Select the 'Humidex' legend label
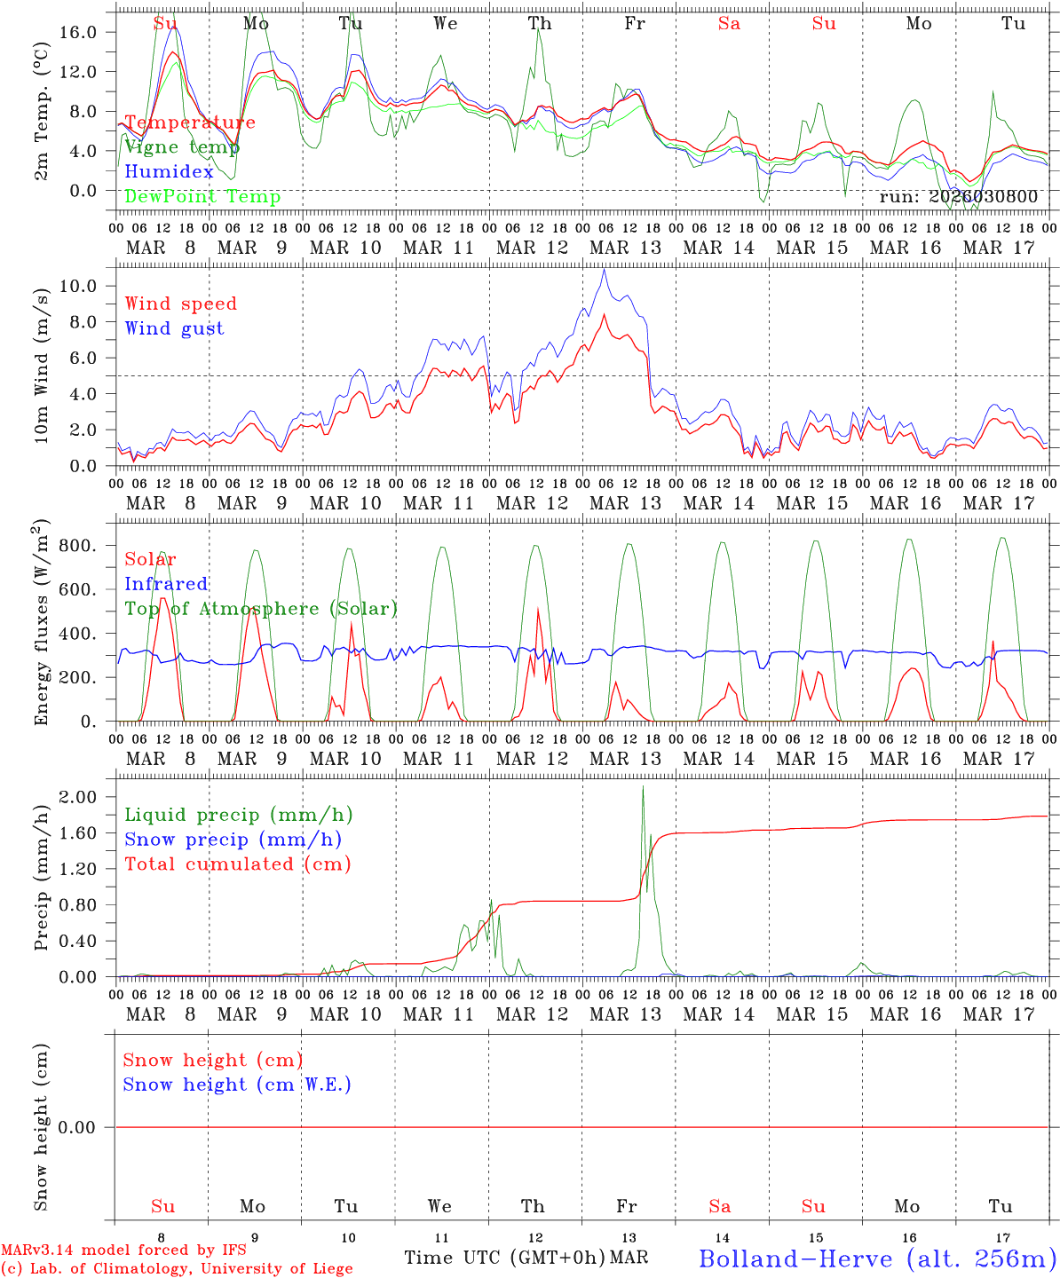pyautogui.click(x=169, y=172)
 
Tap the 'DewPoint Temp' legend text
pyautogui.click(x=202, y=197)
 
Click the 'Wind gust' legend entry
pyautogui.click(x=174, y=328)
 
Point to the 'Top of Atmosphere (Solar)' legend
pyautogui.click(x=261, y=609)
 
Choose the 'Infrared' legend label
pyautogui.click(x=166, y=584)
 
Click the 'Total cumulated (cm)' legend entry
pyautogui.click(x=237, y=864)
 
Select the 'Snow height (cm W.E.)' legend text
pyautogui.click(x=237, y=1085)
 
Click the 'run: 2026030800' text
pyautogui.click(x=958, y=197)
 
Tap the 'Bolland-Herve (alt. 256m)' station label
pyautogui.click(x=877, y=1258)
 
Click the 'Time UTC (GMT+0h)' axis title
pyautogui.click(x=504, y=1258)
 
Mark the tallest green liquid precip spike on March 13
pyautogui.click(x=643, y=787)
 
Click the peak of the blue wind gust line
pyautogui.click(x=605, y=269)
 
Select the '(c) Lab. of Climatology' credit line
pyautogui.click(x=177, y=1269)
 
